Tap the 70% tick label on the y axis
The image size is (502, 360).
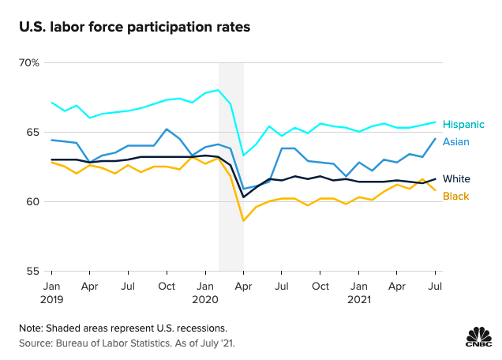click(x=29, y=62)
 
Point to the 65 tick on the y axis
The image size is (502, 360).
click(x=32, y=132)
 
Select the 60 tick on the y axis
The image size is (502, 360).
click(x=32, y=201)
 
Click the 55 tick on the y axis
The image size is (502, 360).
click(x=32, y=271)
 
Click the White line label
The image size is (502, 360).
click(x=456, y=179)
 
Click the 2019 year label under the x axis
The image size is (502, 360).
click(x=51, y=300)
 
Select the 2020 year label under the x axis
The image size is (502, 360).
click(x=205, y=300)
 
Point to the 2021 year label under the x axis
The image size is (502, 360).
click(x=358, y=300)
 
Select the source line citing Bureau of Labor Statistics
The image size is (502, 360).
click(x=127, y=343)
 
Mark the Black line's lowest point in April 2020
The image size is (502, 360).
click(x=243, y=220)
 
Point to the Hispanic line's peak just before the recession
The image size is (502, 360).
click(x=218, y=90)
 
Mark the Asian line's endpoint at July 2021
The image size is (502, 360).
click(x=435, y=139)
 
